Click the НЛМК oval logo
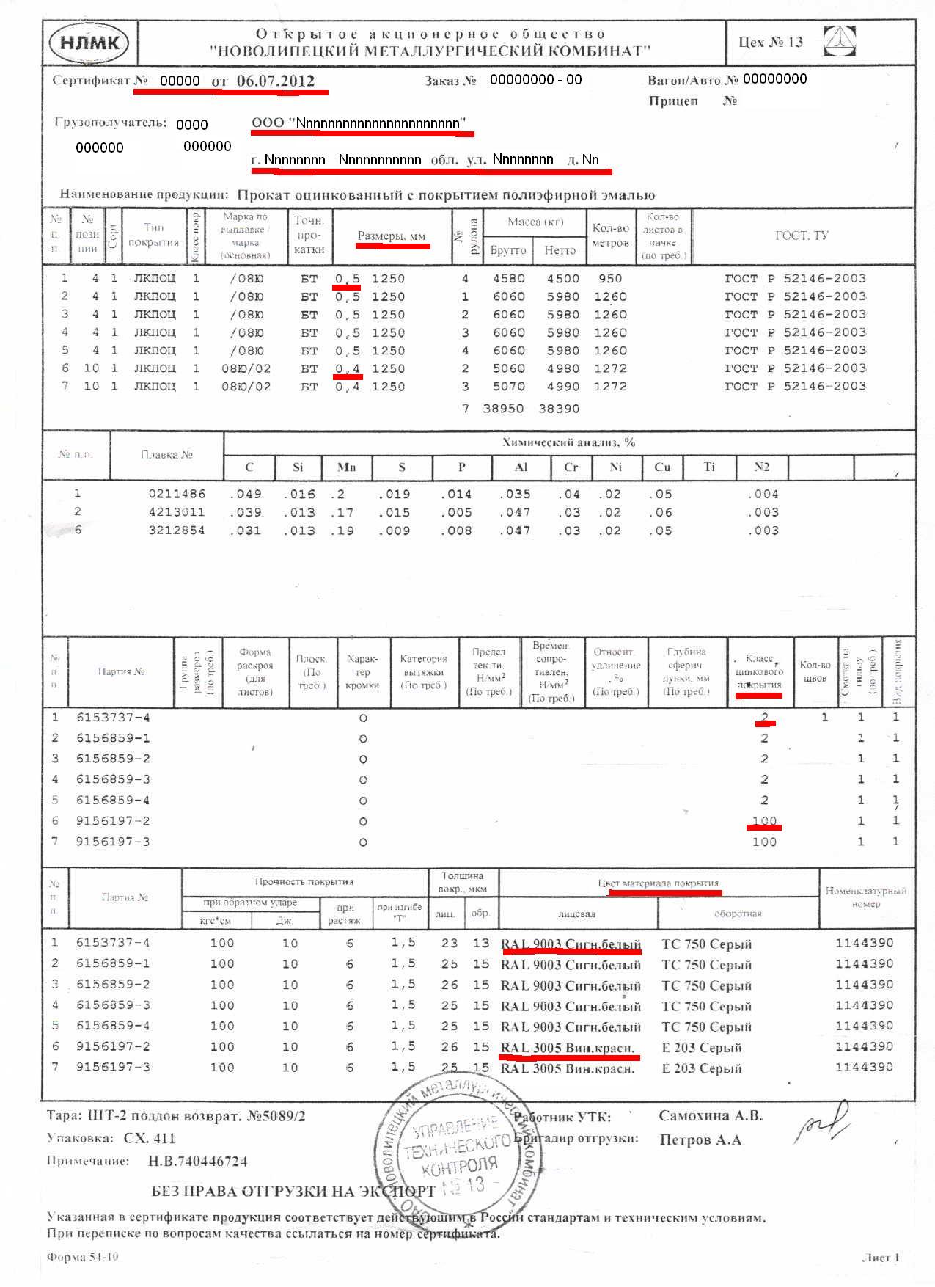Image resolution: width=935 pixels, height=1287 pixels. [89, 43]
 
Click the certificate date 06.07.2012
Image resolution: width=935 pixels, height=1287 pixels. [276, 81]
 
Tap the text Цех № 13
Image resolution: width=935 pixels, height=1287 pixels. [770, 42]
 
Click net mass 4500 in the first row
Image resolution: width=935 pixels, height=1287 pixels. [562, 279]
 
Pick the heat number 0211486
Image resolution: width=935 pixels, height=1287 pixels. [177, 494]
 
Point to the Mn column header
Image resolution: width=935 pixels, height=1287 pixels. [346, 467]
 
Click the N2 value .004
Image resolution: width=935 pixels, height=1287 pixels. [763, 494]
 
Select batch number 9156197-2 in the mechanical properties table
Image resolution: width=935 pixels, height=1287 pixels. [113, 821]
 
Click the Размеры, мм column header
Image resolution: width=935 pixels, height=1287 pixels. [392, 236]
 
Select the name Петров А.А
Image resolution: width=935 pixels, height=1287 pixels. [700, 1140]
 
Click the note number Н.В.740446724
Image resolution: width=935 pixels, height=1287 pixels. [197, 1162]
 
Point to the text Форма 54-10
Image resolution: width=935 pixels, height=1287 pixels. [82, 1257]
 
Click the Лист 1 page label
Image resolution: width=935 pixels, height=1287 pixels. [881, 1258]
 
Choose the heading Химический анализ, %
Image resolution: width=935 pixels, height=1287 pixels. [568, 442]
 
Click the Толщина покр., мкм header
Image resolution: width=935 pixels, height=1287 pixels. [462, 882]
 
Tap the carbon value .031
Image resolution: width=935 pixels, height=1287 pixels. [245, 531]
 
